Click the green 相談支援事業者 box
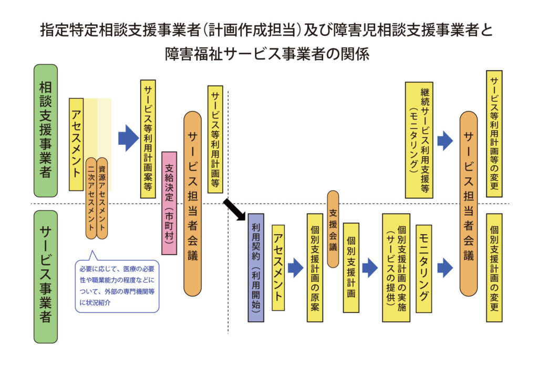click(x=46, y=131)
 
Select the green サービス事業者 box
click(x=46, y=277)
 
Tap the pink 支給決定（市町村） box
click(x=169, y=203)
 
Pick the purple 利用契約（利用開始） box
click(x=256, y=267)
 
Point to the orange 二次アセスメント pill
click(x=91, y=197)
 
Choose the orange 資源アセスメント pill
click(x=102, y=197)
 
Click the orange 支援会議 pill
click(x=333, y=229)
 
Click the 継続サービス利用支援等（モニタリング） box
click(x=419, y=139)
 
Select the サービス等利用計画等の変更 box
click(x=494, y=134)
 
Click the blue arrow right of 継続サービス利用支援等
click(x=445, y=140)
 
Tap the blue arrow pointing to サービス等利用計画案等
click(x=128, y=138)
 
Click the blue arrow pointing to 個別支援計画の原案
click(x=295, y=268)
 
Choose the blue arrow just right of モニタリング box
click(x=445, y=268)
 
